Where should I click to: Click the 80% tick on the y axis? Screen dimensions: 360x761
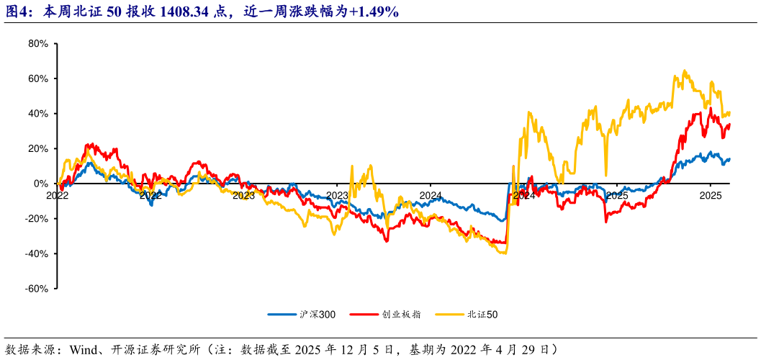coord(38,43)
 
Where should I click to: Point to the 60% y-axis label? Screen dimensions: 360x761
coord(38,78)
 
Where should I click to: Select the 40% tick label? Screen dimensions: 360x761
coord(38,114)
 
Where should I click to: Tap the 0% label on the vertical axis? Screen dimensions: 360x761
coord(41,184)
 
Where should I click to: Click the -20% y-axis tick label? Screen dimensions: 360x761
coord(37,219)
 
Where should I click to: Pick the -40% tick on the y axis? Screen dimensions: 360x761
coord(37,254)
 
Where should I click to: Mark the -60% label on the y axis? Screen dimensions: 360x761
coord(37,289)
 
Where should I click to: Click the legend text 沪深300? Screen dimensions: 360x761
coord(317,315)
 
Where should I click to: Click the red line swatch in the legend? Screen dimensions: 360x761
coord(366,315)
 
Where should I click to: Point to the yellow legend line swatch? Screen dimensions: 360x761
coord(449,315)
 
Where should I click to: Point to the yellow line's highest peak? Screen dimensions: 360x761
coord(683,71)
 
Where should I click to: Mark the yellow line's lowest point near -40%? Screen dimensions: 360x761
coord(503,253)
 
